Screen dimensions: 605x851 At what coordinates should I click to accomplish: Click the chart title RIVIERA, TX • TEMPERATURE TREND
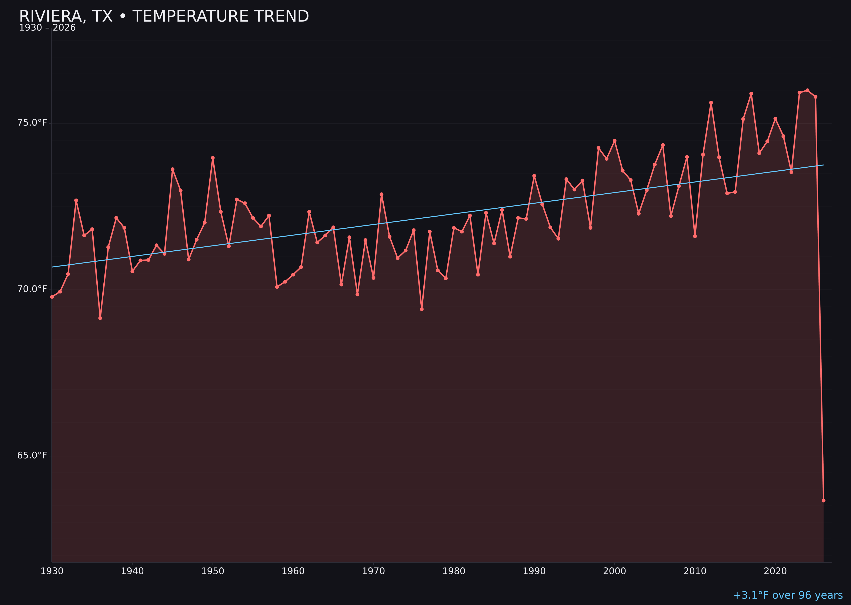(x=164, y=16)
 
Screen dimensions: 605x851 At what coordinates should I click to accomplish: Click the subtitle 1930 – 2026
(x=47, y=28)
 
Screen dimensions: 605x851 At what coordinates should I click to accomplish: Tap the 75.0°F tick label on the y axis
(x=32, y=123)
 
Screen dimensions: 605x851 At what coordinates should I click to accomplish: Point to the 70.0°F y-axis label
(x=32, y=289)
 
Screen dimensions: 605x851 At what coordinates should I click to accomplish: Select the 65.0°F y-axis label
(x=32, y=456)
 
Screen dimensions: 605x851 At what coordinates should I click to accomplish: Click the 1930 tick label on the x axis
(x=52, y=571)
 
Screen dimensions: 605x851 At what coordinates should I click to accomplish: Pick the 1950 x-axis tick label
(x=213, y=571)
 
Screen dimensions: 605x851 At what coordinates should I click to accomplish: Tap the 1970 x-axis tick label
(x=373, y=571)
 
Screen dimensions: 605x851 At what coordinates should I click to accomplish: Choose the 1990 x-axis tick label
(x=534, y=571)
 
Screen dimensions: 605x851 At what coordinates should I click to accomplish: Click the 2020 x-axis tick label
(x=775, y=571)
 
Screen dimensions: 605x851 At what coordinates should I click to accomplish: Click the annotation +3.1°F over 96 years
(x=788, y=595)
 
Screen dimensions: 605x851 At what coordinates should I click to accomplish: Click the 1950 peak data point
(x=213, y=158)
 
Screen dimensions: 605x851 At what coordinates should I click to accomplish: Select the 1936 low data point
(x=100, y=318)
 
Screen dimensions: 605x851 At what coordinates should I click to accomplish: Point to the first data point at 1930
(x=52, y=297)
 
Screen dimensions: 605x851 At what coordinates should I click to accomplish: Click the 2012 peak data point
(x=711, y=103)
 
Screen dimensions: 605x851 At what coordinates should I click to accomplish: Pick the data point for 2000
(x=614, y=141)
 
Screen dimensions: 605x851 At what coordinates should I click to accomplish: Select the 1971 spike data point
(x=381, y=194)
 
